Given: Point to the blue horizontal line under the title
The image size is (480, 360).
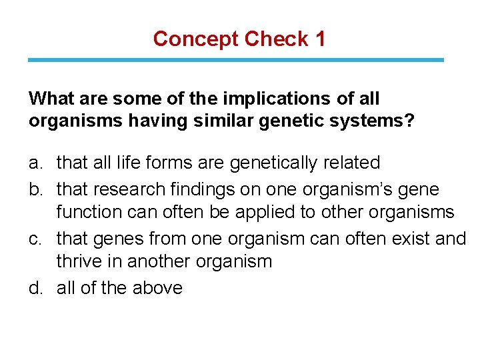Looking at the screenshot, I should (x=235, y=60).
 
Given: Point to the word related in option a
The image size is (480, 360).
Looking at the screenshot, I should (x=356, y=163).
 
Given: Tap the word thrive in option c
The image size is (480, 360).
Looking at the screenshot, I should (x=81, y=261).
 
